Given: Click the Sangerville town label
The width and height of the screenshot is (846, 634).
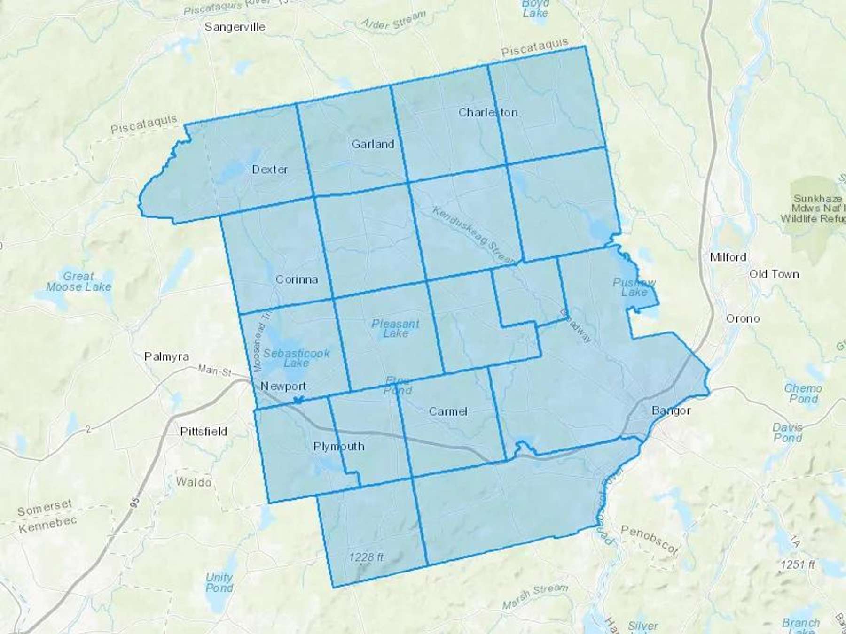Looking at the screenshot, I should (235, 27).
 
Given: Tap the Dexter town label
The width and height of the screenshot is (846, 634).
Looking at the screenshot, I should (270, 169).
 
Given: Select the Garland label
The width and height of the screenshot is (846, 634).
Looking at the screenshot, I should (373, 144).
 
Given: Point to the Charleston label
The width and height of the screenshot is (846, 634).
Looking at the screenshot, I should (488, 112).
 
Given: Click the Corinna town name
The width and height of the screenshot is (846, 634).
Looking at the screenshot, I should (297, 279).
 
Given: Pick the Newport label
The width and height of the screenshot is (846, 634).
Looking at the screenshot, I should (283, 386).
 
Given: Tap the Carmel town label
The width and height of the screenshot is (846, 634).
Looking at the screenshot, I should (448, 411).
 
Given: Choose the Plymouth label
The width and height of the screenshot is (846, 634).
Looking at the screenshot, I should (339, 446).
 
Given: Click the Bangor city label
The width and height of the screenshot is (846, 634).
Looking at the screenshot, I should (671, 410).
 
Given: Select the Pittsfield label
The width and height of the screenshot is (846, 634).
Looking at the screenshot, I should (204, 431).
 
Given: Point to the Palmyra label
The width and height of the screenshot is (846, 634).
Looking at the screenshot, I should (166, 356).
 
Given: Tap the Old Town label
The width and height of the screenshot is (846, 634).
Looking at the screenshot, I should (774, 274).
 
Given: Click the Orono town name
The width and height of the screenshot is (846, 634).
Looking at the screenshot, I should (743, 318).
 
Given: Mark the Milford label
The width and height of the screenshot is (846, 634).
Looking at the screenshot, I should (728, 257).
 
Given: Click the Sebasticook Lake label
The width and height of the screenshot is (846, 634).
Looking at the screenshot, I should (297, 358).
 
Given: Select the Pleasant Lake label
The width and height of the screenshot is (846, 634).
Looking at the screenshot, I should (395, 328).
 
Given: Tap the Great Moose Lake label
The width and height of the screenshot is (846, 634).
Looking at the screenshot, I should (78, 281).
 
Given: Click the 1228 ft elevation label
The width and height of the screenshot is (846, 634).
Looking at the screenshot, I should (366, 557).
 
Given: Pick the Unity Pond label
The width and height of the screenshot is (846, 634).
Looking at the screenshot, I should (219, 582).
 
